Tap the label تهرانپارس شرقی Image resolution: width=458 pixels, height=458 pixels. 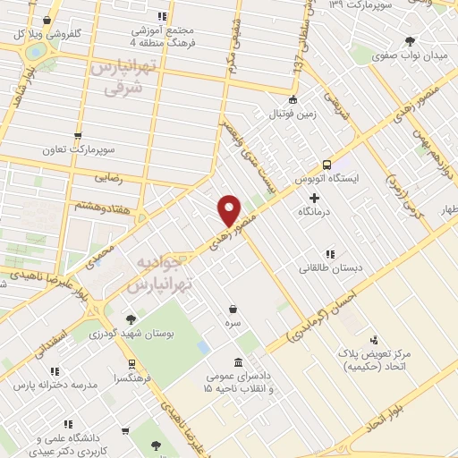[124, 79]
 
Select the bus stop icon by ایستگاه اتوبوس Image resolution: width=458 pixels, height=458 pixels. [327, 165]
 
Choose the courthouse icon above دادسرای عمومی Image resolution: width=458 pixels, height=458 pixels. [238, 361]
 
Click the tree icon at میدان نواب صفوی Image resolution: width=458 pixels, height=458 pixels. [410, 40]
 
